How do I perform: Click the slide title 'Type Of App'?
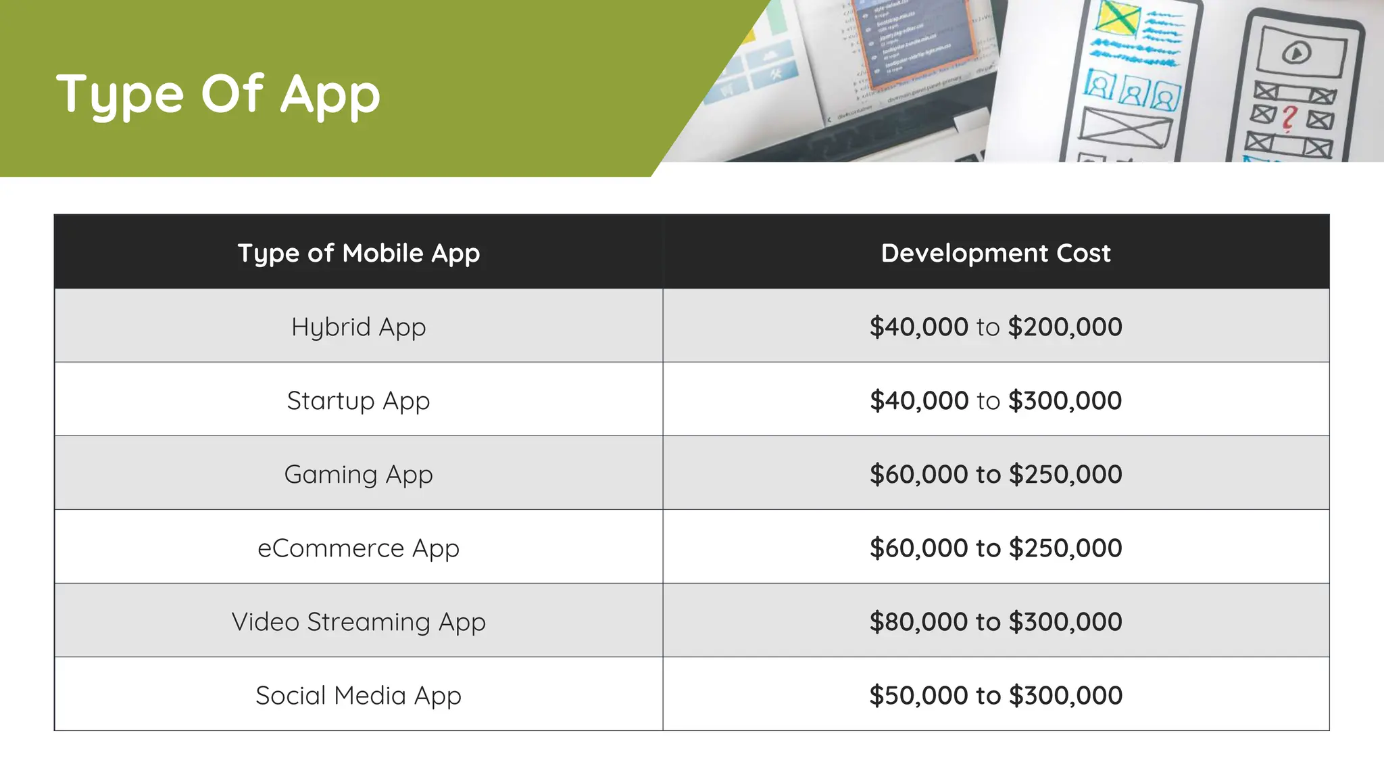pos(218,94)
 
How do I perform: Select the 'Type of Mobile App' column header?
pos(359,253)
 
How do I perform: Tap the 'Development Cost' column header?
pos(995,253)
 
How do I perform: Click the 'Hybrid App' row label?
pos(359,327)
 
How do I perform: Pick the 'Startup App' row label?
pos(359,401)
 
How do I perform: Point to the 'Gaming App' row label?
pos(359,475)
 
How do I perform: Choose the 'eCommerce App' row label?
pos(359,548)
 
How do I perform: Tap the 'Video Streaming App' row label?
pos(359,622)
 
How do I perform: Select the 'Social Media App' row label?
pos(359,696)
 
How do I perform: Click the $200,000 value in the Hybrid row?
pos(1065,327)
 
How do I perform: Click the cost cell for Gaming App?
pos(995,475)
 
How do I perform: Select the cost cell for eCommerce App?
pos(995,548)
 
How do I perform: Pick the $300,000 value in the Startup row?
pos(1065,401)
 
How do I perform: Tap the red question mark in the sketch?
pos(1289,118)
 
